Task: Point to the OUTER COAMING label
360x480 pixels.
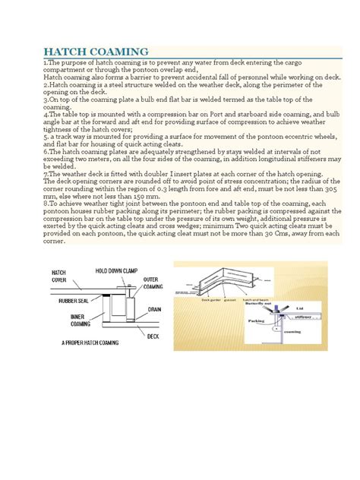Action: point(155,283)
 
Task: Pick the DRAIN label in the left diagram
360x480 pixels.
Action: point(156,309)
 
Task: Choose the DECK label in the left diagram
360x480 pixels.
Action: point(152,335)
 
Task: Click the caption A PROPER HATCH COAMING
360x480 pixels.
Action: point(90,343)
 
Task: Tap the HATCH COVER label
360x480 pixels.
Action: point(59,276)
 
